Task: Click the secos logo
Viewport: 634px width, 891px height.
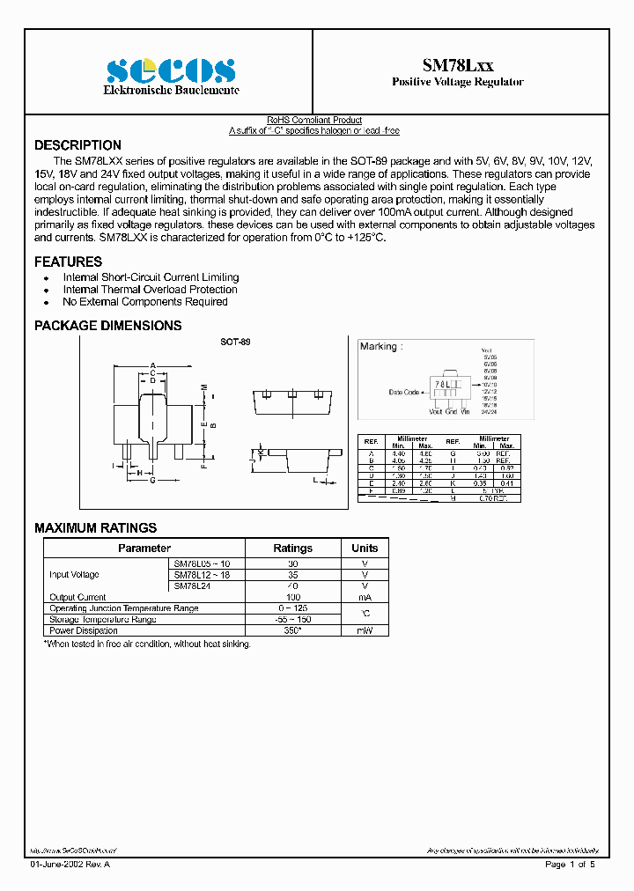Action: point(171,71)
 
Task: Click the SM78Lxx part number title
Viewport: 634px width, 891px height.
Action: point(458,65)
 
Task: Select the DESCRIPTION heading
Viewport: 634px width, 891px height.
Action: point(77,145)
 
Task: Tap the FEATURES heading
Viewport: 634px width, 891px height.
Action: point(68,261)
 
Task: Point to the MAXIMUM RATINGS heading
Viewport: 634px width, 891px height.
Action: point(95,528)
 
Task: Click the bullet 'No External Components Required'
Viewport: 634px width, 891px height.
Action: point(145,302)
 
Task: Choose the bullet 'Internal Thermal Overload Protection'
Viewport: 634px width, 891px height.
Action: point(150,290)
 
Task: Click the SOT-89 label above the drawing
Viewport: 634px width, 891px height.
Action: point(234,341)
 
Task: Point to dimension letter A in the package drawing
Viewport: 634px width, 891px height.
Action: point(153,365)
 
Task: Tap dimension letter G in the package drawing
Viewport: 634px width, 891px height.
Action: point(152,481)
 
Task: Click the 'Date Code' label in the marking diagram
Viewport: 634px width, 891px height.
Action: point(404,392)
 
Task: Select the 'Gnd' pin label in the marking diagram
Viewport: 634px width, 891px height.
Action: point(451,411)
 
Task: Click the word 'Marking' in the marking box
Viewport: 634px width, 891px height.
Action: point(379,347)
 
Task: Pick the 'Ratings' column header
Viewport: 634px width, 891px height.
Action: point(292,548)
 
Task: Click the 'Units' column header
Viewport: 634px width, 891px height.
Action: point(365,548)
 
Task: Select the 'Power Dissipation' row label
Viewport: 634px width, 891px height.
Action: point(84,630)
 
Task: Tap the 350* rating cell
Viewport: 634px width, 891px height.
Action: point(292,630)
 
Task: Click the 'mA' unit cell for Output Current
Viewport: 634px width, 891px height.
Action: point(365,597)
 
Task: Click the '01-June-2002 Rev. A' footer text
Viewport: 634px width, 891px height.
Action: point(70,865)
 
